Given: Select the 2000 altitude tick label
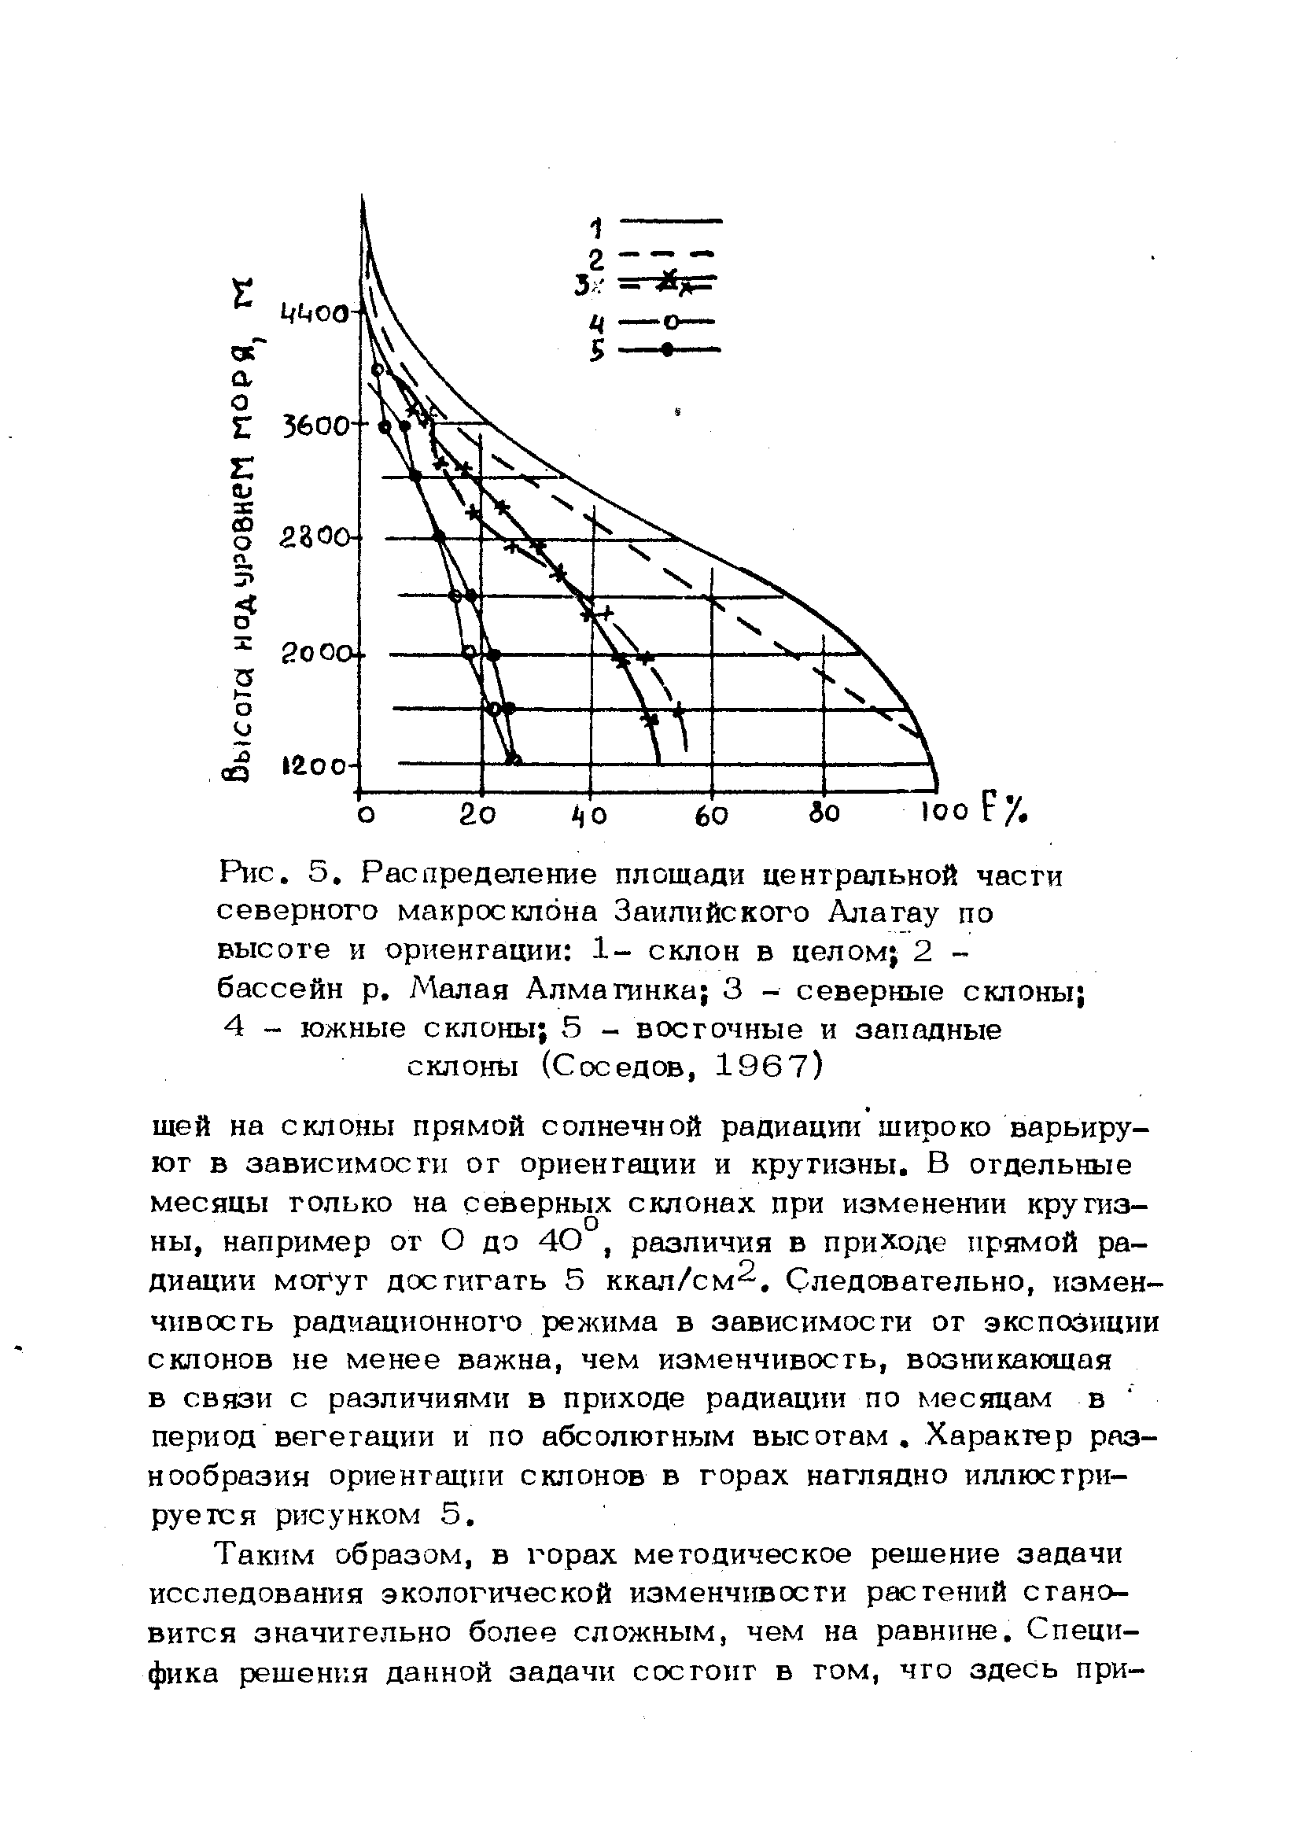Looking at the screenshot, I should (x=315, y=655).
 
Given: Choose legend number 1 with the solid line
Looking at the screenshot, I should (x=595, y=228).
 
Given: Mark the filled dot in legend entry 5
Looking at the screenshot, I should (x=665, y=350).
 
